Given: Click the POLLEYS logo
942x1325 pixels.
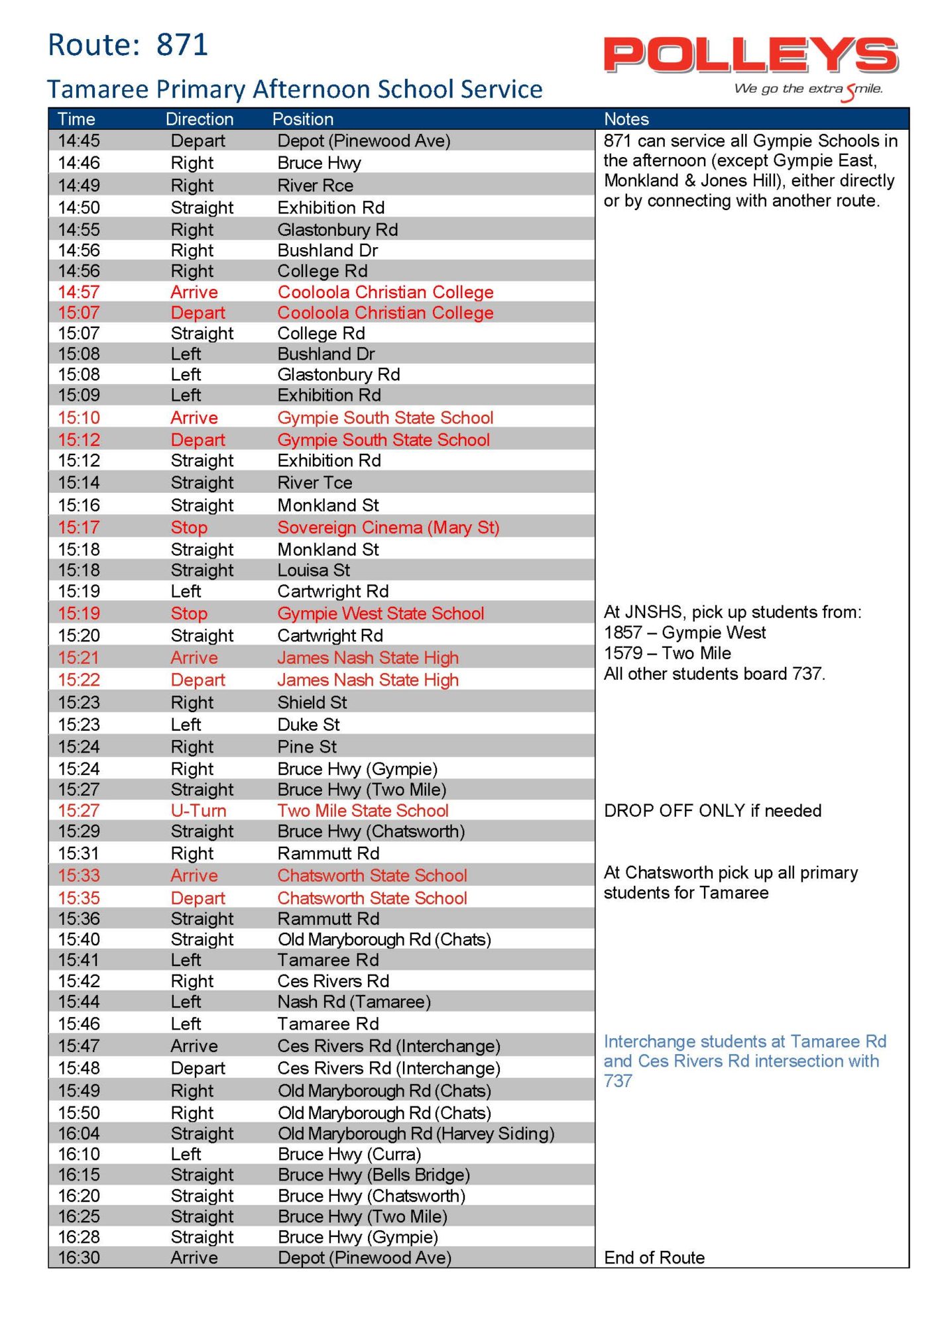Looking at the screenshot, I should click(750, 56).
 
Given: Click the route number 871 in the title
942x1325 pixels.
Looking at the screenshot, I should click(182, 45).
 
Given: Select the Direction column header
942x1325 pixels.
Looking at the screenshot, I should click(200, 119).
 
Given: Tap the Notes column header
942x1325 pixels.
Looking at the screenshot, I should click(626, 119).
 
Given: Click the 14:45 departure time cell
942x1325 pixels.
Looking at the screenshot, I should click(79, 141).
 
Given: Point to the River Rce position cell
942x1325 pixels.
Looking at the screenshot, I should click(316, 185).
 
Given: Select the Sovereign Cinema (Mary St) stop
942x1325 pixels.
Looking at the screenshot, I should click(388, 528).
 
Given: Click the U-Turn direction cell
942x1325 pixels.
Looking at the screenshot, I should click(198, 811).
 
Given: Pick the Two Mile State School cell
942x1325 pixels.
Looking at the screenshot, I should click(363, 811).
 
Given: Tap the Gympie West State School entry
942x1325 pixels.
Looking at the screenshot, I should click(381, 613).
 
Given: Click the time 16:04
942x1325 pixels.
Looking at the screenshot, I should click(79, 1134).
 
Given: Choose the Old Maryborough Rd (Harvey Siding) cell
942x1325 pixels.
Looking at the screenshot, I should click(416, 1134).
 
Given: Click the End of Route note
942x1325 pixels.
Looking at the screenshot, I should click(654, 1258).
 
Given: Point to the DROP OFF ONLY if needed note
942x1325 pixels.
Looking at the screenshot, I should click(713, 811).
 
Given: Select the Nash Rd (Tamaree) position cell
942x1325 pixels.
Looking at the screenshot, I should click(354, 1002).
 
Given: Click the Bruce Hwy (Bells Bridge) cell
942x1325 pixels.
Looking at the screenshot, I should click(374, 1175).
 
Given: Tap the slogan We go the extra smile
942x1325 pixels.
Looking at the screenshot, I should click(808, 89).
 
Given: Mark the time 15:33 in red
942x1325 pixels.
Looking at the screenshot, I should click(79, 876).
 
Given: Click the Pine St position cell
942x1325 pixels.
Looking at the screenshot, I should click(307, 747).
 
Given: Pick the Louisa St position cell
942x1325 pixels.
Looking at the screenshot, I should click(314, 570).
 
